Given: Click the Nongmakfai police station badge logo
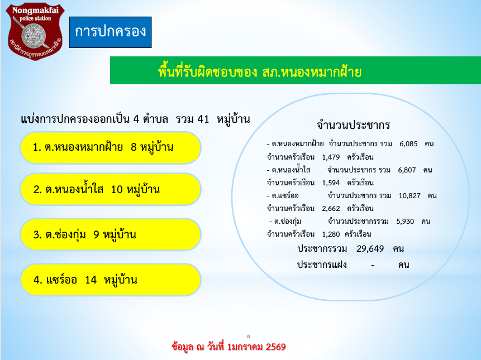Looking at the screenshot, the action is tap(35, 31).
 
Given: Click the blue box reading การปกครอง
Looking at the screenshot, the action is tap(111, 32).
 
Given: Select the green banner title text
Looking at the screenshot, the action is tap(260, 72).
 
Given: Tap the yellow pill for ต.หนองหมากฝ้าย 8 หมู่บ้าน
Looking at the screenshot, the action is tap(111, 148).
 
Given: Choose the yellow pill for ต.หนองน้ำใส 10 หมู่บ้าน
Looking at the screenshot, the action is tap(111, 189).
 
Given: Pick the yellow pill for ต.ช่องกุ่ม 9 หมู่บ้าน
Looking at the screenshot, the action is tap(111, 234).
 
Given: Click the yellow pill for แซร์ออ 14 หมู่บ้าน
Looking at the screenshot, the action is tap(111, 280).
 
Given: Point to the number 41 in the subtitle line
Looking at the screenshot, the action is tap(203, 119).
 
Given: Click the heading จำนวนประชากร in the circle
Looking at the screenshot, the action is tap(354, 125).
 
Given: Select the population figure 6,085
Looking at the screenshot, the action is tap(408, 143).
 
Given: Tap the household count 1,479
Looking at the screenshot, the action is tap(331, 157).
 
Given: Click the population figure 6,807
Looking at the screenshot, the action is tap(407, 170).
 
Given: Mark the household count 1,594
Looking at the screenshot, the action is tap(331, 183).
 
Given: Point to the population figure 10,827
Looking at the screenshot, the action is tap(409, 196).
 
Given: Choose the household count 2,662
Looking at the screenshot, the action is tap(331, 209).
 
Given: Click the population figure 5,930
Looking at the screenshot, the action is tap(405, 222).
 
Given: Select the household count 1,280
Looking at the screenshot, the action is tap(331, 234).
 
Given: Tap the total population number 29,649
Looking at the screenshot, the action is tap(370, 248).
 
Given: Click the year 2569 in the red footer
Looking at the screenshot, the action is tap(276, 347).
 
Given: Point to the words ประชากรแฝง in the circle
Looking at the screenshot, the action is tap(322, 265).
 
